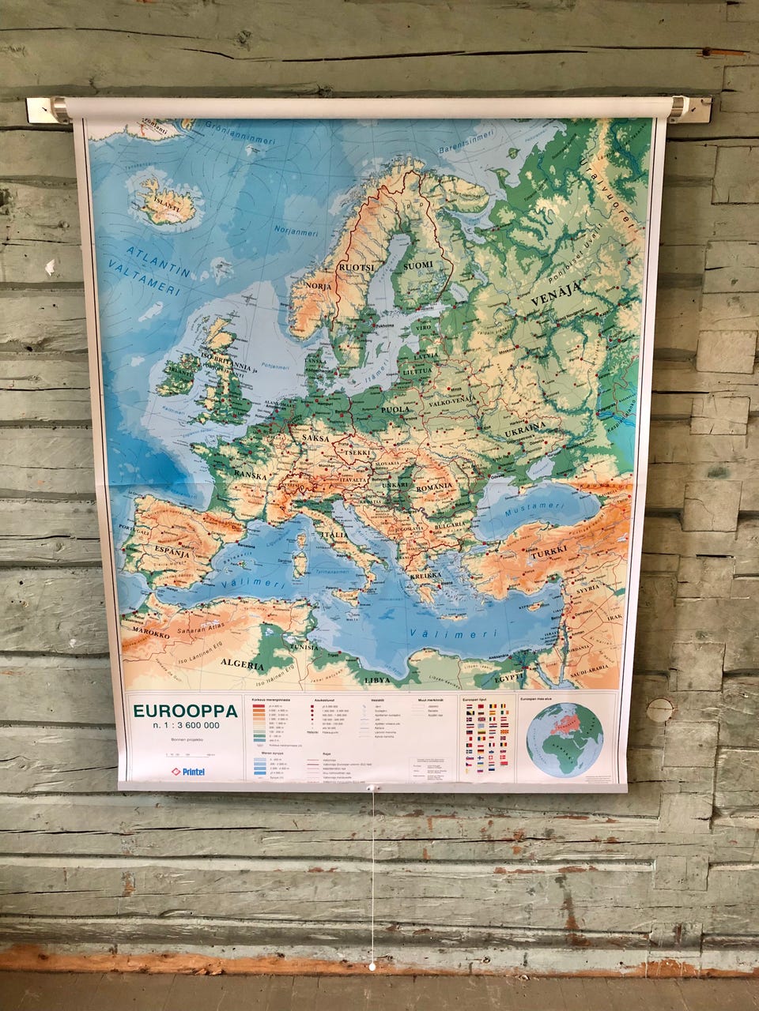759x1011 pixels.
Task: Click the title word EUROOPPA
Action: click(x=185, y=711)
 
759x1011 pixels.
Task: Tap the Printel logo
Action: click(x=188, y=771)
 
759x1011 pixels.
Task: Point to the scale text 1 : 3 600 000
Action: click(x=187, y=726)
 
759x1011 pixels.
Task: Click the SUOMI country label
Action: click(x=418, y=265)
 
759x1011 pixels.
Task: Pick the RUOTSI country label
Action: click(x=356, y=269)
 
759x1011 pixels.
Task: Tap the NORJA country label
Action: click(x=318, y=285)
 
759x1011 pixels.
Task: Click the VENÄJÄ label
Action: click(x=551, y=297)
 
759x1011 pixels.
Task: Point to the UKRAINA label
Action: click(x=525, y=427)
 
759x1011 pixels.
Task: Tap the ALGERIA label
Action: click(x=242, y=664)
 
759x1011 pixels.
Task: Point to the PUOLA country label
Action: click(x=395, y=409)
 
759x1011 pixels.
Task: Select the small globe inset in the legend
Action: click(x=565, y=739)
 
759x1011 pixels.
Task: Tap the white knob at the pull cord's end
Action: click(x=372, y=966)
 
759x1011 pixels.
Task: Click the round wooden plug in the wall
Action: click(x=659, y=710)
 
